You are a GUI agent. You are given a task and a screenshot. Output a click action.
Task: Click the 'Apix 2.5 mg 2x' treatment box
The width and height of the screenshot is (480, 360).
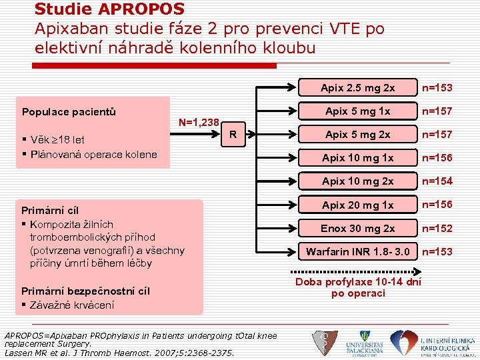click(357, 88)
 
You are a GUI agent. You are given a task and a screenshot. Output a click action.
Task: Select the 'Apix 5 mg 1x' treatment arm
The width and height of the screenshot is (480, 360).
click(357, 111)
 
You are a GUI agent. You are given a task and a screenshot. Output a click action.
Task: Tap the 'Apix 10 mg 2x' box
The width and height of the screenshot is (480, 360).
click(357, 181)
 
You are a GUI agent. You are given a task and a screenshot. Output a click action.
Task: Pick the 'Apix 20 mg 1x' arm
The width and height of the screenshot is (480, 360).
click(357, 205)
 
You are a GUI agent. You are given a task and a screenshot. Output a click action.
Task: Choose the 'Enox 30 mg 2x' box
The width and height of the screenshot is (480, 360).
click(357, 229)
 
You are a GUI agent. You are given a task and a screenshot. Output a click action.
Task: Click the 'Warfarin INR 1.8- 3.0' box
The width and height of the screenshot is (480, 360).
click(357, 252)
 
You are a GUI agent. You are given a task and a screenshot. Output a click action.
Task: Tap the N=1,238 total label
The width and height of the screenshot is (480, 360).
click(199, 123)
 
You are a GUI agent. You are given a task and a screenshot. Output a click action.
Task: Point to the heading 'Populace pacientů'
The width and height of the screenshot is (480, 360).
click(69, 111)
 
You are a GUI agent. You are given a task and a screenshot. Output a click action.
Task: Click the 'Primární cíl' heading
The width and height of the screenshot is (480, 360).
click(51, 211)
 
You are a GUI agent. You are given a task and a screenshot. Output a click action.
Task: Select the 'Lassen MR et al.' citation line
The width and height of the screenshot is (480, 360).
click(119, 353)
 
